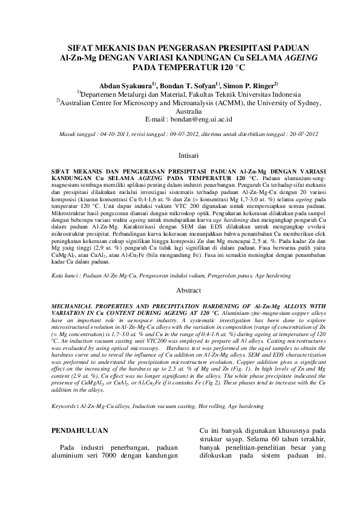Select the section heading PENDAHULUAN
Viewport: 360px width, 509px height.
(x=80, y=430)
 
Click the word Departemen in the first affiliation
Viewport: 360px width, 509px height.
(x=104, y=94)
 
